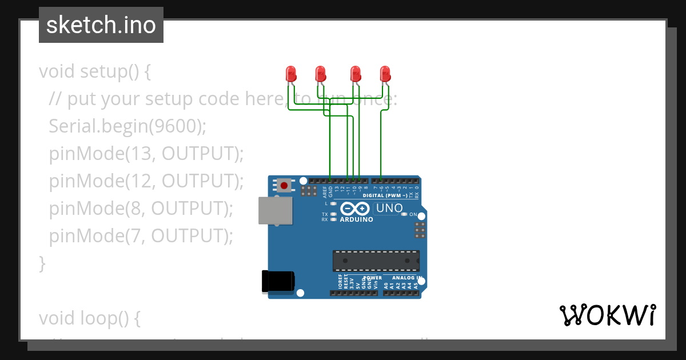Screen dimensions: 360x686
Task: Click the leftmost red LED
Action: point(291,73)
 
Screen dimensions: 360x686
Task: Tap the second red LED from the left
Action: point(321,73)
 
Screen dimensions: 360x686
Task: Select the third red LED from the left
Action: point(356,73)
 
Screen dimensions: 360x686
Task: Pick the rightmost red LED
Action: point(385,73)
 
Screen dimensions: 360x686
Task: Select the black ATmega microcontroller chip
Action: point(376,261)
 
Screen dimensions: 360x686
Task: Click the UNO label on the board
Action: point(389,209)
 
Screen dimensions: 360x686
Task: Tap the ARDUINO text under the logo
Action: point(356,219)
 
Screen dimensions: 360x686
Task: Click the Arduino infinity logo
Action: point(355,209)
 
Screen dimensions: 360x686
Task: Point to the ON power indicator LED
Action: point(404,214)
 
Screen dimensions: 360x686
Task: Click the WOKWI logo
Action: point(608,315)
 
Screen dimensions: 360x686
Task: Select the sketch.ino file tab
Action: point(101,25)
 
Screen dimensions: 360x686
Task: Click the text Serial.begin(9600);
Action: point(127,126)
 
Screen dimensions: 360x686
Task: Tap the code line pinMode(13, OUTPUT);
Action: point(146,153)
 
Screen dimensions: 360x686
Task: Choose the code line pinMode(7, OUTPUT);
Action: point(141,235)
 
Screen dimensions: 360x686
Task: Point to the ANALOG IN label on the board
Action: point(406,278)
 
